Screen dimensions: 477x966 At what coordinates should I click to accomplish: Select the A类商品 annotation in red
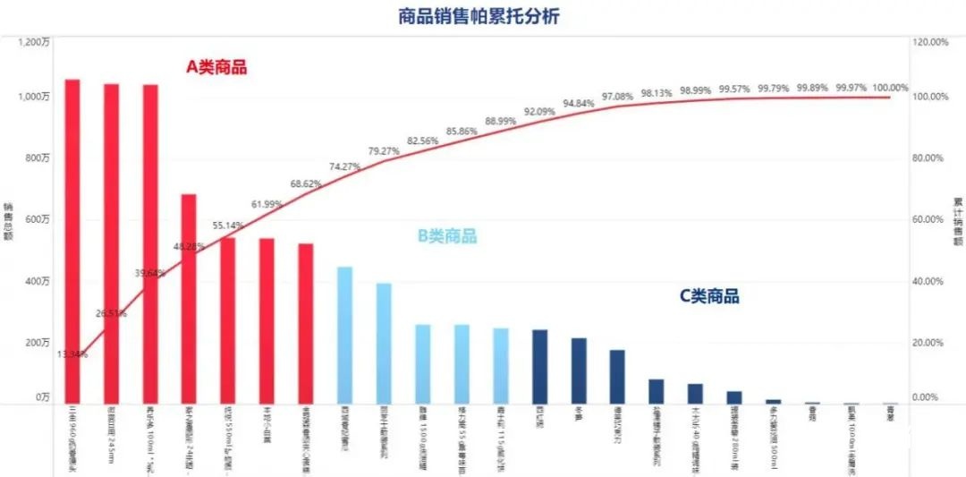tap(216, 67)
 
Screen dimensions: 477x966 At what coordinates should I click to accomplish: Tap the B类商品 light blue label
tap(447, 236)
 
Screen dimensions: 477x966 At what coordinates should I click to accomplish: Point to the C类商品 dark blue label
tap(709, 296)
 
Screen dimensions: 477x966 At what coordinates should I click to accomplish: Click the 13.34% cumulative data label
tap(72, 354)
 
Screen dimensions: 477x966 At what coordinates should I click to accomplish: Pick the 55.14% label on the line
tap(228, 226)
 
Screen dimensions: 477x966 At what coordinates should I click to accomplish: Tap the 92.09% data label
tap(539, 112)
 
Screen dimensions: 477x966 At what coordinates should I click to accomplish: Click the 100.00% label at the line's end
tap(890, 88)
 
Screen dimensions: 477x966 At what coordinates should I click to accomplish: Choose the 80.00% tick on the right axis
tap(930, 158)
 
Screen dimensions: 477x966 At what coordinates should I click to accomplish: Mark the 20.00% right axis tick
tap(930, 344)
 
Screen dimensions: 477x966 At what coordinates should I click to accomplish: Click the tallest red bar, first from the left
tap(72, 242)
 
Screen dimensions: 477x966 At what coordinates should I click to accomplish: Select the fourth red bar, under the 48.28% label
tap(189, 299)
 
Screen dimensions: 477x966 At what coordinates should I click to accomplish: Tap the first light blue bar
tap(344, 335)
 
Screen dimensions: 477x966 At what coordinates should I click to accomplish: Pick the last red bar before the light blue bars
tap(306, 323)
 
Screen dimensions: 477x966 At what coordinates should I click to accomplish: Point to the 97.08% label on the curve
tap(617, 96)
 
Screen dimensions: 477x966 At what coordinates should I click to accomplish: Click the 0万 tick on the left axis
tap(41, 397)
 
